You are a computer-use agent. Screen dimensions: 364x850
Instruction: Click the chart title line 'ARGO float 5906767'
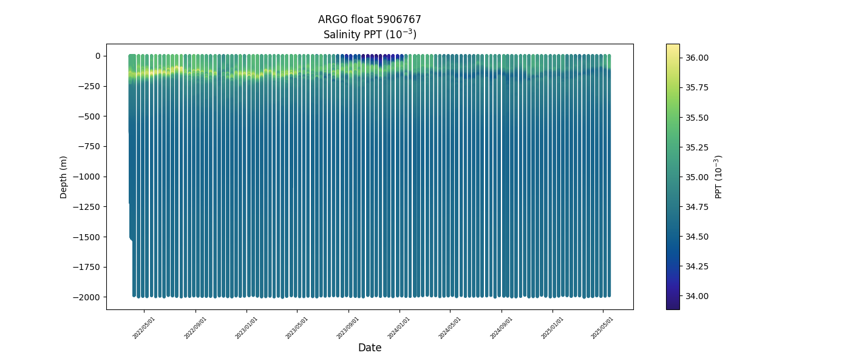click(x=369, y=19)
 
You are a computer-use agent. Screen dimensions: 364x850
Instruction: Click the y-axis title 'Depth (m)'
click(x=64, y=177)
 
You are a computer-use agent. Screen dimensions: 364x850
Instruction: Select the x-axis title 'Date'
click(x=369, y=348)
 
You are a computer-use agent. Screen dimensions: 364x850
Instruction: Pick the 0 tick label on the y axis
click(x=97, y=56)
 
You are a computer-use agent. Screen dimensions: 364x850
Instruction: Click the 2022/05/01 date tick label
click(x=144, y=328)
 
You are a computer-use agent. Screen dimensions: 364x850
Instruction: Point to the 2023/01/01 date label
click(x=246, y=328)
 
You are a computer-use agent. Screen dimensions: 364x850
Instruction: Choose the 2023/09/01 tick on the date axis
click(x=348, y=328)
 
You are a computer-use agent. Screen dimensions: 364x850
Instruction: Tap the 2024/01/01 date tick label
click(x=399, y=328)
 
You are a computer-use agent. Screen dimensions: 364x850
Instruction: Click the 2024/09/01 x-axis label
click(x=501, y=328)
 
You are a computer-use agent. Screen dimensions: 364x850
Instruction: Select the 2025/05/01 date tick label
click(x=603, y=328)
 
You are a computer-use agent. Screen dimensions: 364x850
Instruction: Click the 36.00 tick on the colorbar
click(x=697, y=58)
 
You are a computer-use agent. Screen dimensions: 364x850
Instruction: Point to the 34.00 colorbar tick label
click(x=697, y=296)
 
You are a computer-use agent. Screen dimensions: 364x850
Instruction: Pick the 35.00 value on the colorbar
click(x=697, y=177)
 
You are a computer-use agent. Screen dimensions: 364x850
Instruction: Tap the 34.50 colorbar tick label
click(x=697, y=237)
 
